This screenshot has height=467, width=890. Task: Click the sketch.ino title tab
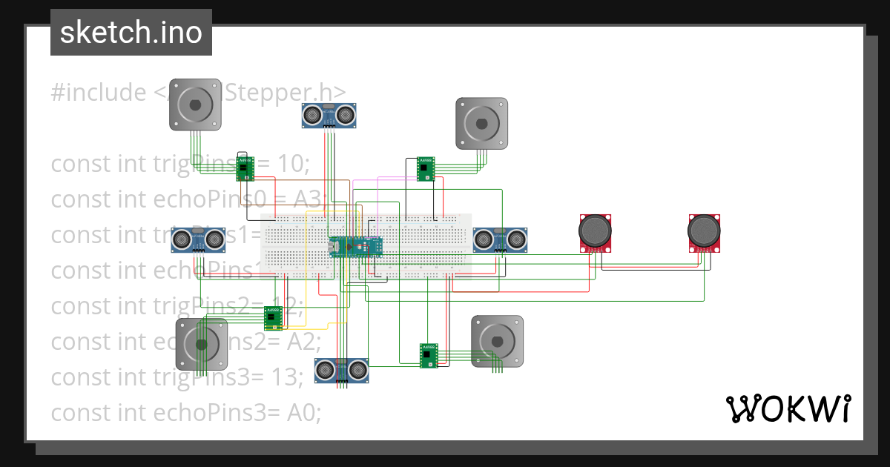[x=131, y=33]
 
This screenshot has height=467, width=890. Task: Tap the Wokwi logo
[x=787, y=409]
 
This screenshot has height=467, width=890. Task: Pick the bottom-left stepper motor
[x=201, y=343]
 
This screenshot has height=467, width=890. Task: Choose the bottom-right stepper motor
[x=497, y=341]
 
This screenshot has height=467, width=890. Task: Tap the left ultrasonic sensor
[x=198, y=239]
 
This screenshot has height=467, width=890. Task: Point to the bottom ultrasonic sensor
[x=341, y=370]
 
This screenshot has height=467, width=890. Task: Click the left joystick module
[x=596, y=233]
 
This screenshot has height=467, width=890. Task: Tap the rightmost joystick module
[x=704, y=233]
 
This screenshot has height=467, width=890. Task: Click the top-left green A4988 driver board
[x=245, y=169]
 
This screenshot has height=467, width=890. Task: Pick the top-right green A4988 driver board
[x=426, y=168]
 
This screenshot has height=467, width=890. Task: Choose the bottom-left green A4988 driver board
[x=274, y=318]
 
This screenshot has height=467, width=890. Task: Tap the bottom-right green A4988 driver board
[x=429, y=355]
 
